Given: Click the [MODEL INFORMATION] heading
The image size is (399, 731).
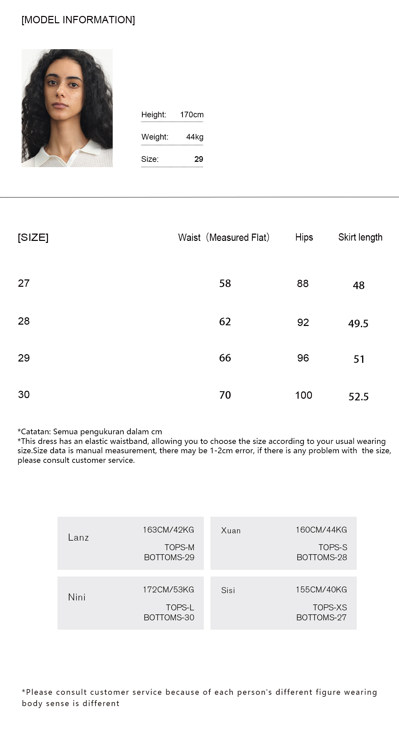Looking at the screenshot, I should [78, 20].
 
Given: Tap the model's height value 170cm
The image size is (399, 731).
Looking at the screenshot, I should [192, 115].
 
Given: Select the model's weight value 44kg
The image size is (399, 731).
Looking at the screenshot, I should [195, 137].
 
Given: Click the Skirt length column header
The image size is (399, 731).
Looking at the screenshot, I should [360, 237].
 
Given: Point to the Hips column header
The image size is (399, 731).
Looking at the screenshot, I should [304, 237].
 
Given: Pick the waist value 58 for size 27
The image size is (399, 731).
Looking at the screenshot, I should [225, 283].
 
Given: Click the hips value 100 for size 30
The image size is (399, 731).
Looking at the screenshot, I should [304, 395].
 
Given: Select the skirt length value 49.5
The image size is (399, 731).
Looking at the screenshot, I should [358, 323].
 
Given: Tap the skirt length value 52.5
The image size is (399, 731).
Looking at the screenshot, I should [358, 396].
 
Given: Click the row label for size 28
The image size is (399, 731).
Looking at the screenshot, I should [24, 321].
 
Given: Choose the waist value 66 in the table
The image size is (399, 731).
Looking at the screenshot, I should [225, 358].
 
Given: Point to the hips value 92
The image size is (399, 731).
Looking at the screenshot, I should [303, 322].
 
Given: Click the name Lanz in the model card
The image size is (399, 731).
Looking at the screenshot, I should [78, 537].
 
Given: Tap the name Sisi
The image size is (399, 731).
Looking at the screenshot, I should [228, 590].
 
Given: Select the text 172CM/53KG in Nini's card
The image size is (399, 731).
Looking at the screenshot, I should [168, 590].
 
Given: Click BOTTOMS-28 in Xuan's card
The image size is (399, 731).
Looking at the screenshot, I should [322, 557].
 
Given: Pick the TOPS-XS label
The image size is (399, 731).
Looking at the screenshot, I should [330, 607].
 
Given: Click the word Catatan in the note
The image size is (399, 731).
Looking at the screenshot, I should [35, 432].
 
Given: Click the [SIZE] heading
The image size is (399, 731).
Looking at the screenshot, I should [33, 237].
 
